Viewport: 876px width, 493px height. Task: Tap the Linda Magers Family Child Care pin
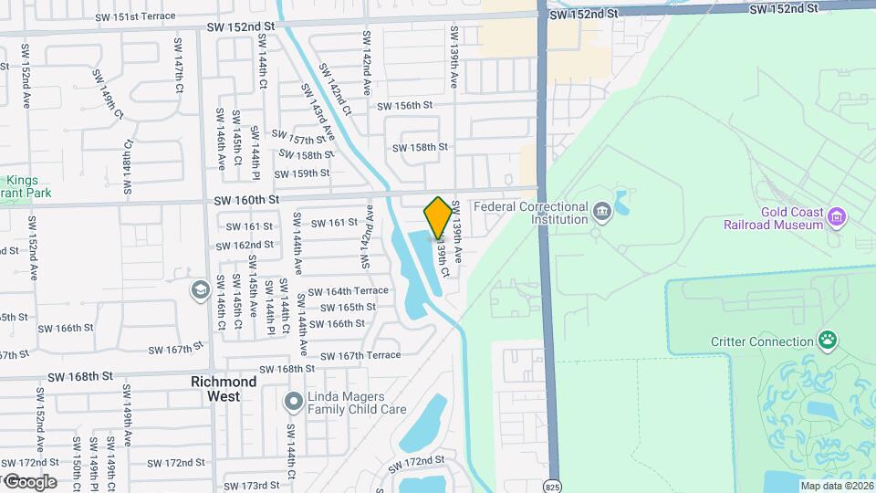(293, 401)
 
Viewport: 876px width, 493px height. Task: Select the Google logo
(29, 481)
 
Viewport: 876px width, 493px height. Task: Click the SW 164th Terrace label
(348, 291)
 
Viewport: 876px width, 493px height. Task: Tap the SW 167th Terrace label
(356, 355)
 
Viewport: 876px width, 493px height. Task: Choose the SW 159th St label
(302, 173)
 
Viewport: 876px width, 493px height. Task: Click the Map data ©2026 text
(836, 486)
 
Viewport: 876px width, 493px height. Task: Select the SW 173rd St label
(251, 485)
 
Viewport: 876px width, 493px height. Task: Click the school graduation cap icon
(200, 290)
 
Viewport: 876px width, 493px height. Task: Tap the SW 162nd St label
(245, 245)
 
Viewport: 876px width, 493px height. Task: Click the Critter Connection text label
(762, 342)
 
